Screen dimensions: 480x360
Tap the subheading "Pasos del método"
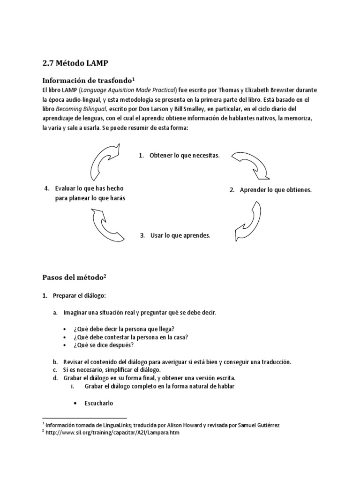tap(73, 277)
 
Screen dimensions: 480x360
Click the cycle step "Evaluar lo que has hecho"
tap(90, 188)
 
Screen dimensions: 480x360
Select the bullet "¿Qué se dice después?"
tap(103, 345)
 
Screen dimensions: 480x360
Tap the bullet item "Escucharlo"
tap(99, 403)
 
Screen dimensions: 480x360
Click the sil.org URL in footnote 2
tap(112, 433)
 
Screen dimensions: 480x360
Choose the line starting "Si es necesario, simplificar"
tap(112, 370)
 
